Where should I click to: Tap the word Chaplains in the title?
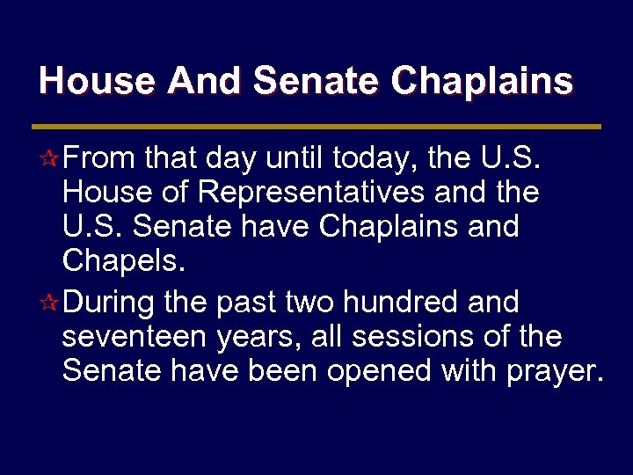482,81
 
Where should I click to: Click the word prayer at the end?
555,370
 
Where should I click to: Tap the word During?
107,303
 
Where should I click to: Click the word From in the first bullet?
98,159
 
